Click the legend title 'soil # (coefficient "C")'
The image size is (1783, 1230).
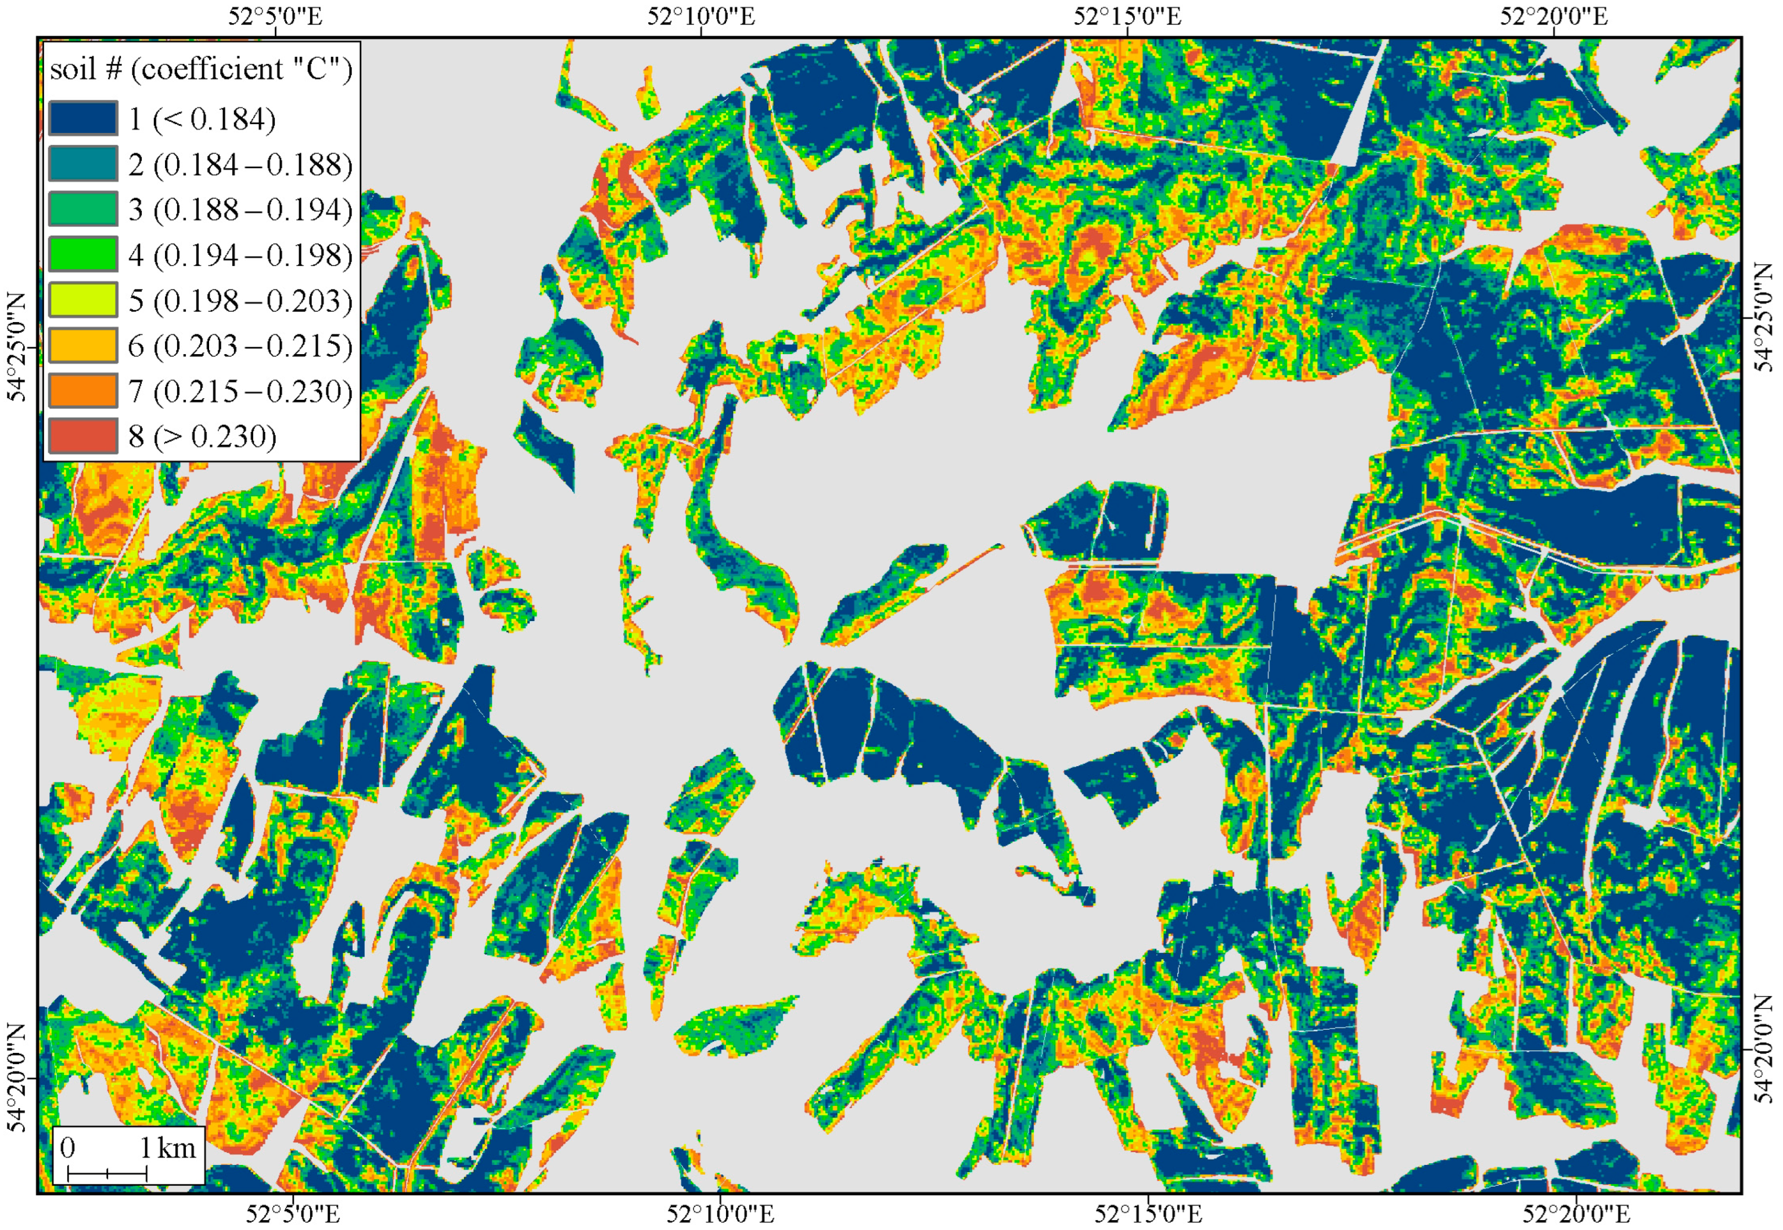pos(200,69)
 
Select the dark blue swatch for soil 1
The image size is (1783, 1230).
pos(82,118)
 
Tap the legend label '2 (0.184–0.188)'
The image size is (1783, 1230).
pos(240,164)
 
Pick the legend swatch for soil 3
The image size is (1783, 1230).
pos(82,209)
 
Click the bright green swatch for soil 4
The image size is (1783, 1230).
pos(82,254)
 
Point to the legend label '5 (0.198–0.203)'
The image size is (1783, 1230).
pos(240,300)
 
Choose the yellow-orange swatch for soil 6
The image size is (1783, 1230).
pos(82,345)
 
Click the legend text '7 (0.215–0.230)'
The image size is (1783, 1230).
pos(240,391)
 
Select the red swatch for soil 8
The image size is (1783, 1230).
pos(82,436)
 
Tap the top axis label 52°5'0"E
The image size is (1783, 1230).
pos(275,16)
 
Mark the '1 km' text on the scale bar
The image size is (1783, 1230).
pos(167,1148)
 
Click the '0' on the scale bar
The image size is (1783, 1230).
pos(68,1148)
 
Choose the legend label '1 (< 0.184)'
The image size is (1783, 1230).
pos(202,118)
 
